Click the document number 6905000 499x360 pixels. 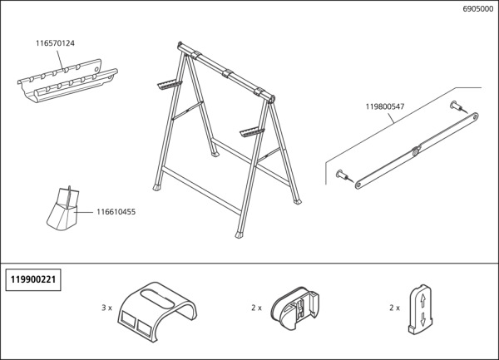477,10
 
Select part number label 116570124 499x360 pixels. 56,42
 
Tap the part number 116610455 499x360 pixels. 116,212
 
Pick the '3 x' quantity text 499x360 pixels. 106,308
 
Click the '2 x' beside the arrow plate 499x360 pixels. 394,308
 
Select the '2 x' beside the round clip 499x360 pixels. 255,308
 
